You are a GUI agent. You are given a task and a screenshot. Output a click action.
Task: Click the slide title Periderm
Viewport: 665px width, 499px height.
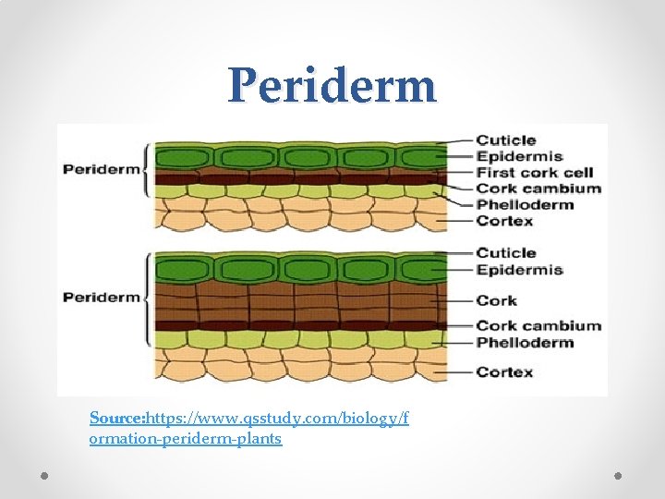332,85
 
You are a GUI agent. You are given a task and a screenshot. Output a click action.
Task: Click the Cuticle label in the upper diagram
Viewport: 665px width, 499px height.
505,140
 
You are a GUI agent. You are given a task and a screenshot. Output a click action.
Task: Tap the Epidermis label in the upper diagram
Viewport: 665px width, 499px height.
519,157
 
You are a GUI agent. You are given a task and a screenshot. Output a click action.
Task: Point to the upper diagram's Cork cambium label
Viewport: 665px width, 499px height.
538,189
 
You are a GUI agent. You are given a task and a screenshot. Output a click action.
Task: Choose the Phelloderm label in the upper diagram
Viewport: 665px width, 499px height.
524,204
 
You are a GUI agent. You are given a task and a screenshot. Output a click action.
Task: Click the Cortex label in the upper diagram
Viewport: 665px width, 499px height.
504,221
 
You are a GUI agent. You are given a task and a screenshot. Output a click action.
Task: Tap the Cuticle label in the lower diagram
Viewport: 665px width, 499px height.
505,252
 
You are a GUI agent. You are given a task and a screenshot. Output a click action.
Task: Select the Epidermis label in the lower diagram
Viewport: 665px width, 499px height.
519,270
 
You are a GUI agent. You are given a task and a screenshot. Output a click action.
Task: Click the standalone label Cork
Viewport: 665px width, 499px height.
496,300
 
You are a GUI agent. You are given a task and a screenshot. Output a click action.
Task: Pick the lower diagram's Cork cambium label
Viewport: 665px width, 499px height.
538,325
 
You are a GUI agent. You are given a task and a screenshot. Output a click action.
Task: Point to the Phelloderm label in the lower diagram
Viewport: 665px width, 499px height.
524,342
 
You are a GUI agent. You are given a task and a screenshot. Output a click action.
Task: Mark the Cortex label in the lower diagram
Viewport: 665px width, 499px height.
504,372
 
